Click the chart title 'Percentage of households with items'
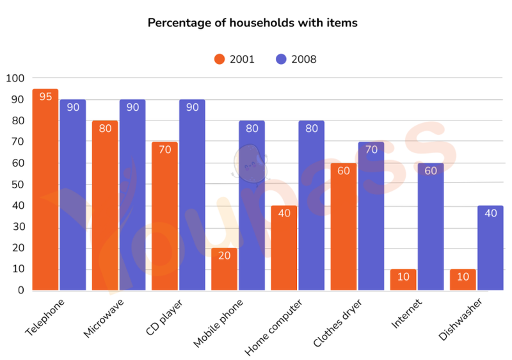(253, 23)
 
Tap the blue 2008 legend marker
(281, 59)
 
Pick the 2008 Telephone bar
(73, 195)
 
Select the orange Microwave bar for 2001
(105, 206)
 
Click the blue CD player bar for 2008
(192, 195)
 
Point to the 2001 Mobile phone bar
(224, 270)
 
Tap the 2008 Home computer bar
(311, 206)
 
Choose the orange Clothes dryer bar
(343, 227)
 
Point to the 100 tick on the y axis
(13, 78)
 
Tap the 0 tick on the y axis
(20, 290)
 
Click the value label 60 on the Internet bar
(430, 170)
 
